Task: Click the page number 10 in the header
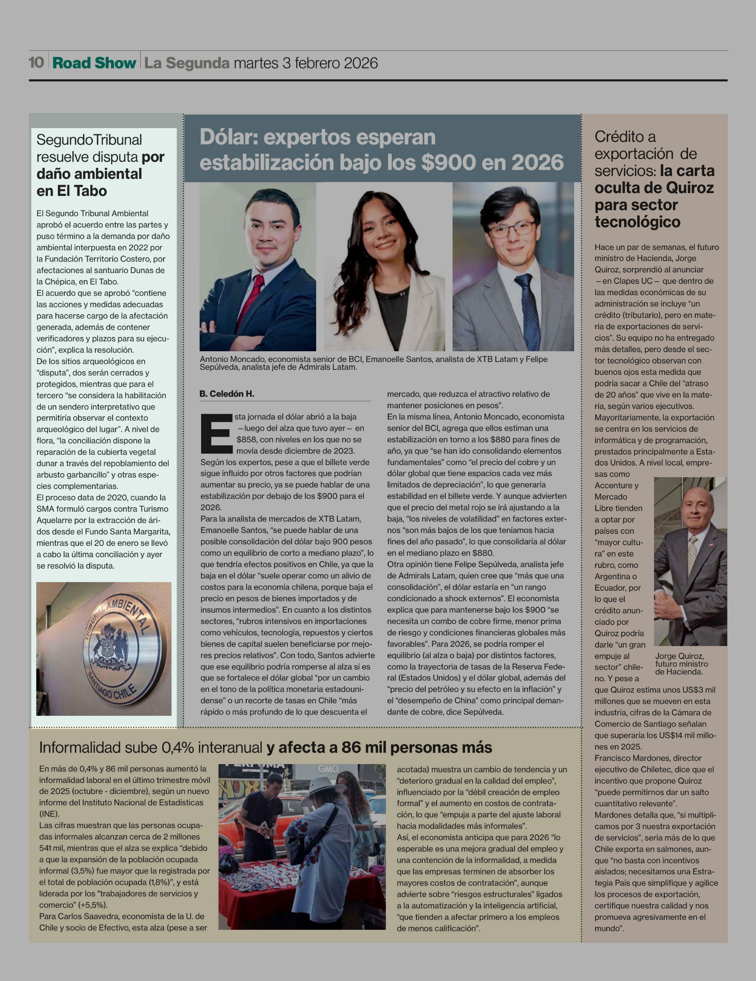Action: click(36, 62)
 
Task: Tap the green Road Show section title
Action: click(94, 63)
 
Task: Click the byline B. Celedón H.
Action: click(227, 394)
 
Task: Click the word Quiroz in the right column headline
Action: click(690, 188)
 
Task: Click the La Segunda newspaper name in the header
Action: click(187, 63)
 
